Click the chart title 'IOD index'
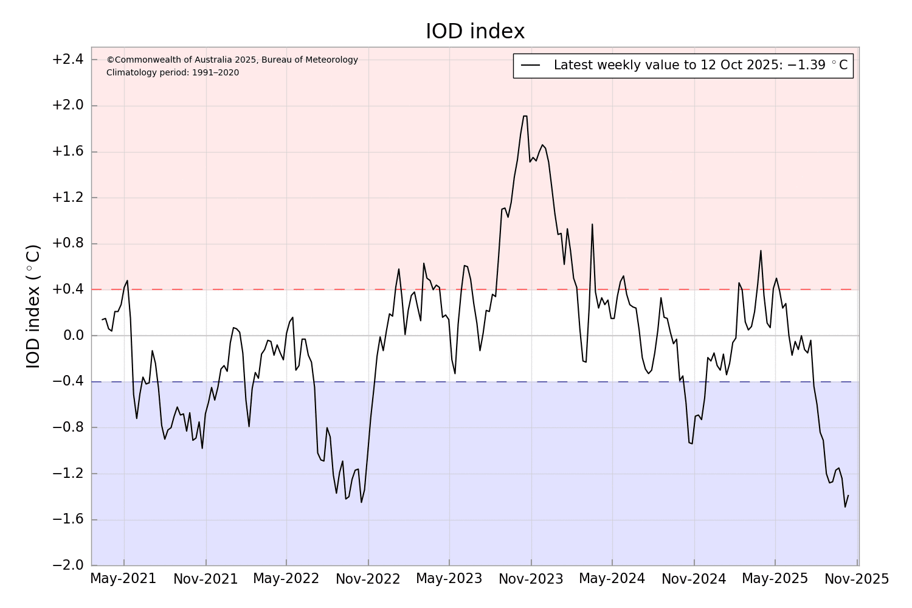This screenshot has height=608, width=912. click(x=475, y=32)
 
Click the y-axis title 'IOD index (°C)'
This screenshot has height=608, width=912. click(x=33, y=306)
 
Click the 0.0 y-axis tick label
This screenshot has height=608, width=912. click(x=71, y=336)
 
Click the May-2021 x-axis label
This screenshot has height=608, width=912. click(x=123, y=579)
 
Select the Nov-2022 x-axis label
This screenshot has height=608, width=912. click(x=368, y=579)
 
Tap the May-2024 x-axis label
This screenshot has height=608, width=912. click(x=612, y=579)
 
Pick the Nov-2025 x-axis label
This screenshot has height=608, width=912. click(x=857, y=579)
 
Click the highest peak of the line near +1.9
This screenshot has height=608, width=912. click(x=525, y=116)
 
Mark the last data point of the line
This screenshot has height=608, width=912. click(x=848, y=495)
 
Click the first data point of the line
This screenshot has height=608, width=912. click(x=102, y=320)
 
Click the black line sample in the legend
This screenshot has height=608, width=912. click(x=531, y=66)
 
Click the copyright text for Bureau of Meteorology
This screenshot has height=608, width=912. click(x=232, y=60)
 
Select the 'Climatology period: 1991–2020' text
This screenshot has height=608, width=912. click(x=173, y=73)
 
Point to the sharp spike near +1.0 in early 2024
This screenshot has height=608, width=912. click(x=592, y=224)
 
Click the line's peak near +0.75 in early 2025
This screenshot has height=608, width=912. click(x=761, y=250)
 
